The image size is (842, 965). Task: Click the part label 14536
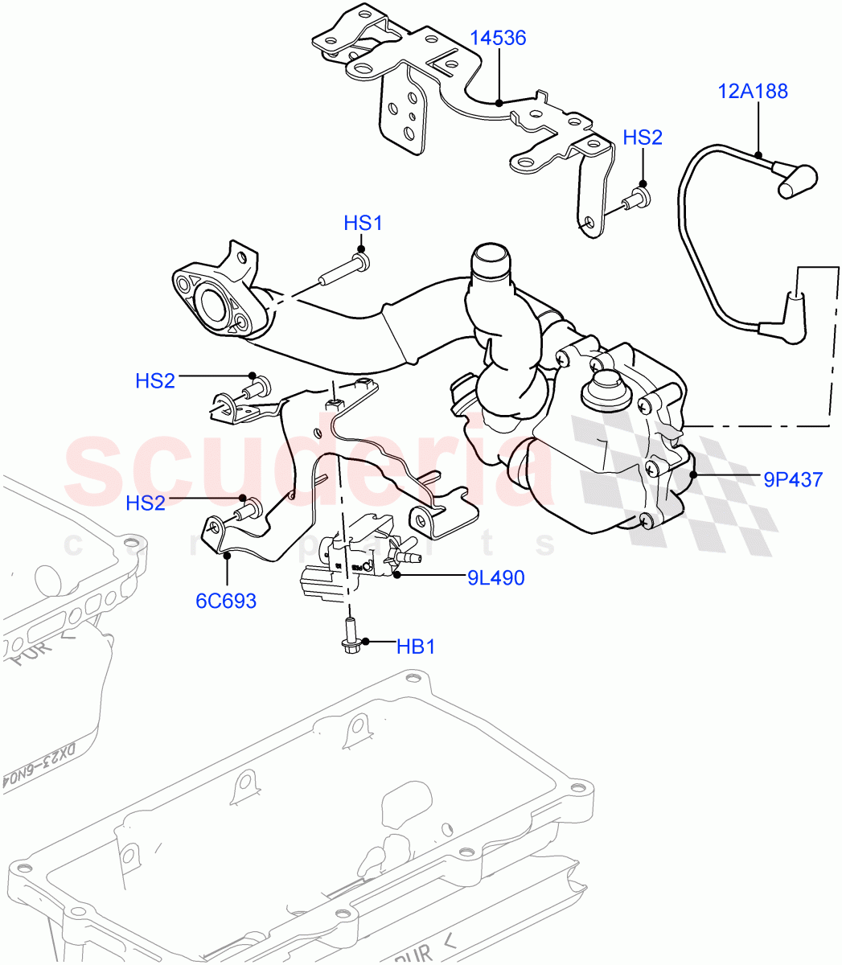[499, 38]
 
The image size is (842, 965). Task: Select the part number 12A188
[753, 92]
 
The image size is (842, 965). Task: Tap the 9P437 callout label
[793, 480]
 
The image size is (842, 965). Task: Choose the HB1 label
[416, 646]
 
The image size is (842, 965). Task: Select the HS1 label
[363, 223]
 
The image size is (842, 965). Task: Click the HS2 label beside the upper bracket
[643, 138]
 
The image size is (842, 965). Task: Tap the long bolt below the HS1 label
[342, 272]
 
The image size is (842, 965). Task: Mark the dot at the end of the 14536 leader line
[499, 103]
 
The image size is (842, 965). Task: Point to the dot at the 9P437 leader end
[696, 475]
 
